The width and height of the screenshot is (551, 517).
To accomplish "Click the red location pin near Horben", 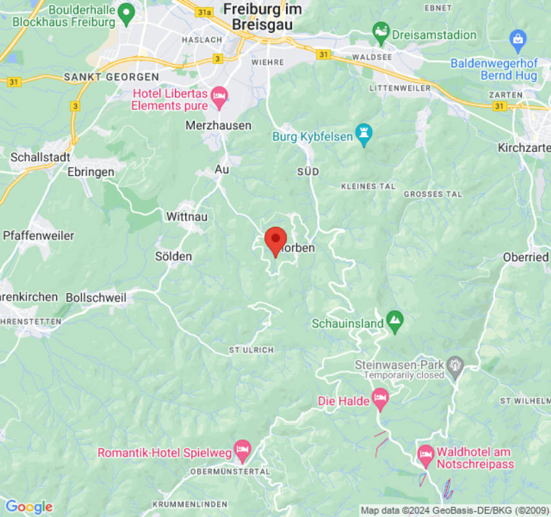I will tap(276, 240).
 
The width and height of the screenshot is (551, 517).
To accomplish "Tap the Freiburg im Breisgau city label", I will tap(257, 17).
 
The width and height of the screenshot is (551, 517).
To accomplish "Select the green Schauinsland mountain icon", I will tap(394, 319).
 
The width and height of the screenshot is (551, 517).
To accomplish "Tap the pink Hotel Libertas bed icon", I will tap(220, 97).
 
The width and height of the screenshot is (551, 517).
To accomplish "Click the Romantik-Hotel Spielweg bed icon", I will tap(242, 450).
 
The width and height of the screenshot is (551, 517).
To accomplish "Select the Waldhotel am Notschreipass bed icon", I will tap(425, 455).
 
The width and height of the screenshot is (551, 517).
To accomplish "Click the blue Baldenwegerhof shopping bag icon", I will tap(517, 39).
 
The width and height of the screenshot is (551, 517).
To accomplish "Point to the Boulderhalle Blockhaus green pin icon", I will tap(127, 12).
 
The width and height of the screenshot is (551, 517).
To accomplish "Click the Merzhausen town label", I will tap(218, 125).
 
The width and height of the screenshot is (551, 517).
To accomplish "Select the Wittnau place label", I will tap(187, 216).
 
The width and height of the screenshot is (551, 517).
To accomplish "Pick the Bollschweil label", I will tap(96, 298).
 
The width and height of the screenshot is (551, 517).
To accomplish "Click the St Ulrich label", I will tap(251, 350).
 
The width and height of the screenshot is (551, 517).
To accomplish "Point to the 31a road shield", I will tap(205, 12).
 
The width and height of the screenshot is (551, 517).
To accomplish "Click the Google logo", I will tap(28, 507).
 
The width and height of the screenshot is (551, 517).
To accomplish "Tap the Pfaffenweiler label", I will tap(39, 235).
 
